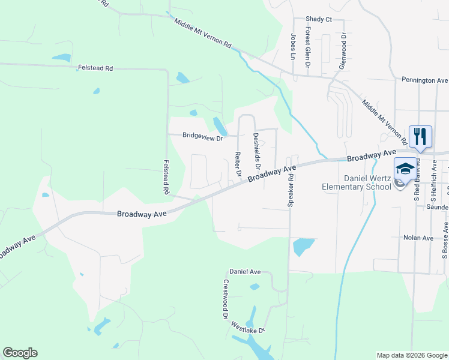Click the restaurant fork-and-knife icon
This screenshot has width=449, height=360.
(420, 136)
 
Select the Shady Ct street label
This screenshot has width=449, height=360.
(318, 19)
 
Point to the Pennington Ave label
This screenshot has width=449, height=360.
(424, 80)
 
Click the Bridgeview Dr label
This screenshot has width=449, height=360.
(203, 137)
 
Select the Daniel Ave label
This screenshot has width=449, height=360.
(246, 272)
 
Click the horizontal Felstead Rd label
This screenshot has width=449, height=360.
(95, 68)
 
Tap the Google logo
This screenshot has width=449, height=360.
(20, 353)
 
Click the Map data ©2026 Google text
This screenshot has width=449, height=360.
(411, 355)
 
